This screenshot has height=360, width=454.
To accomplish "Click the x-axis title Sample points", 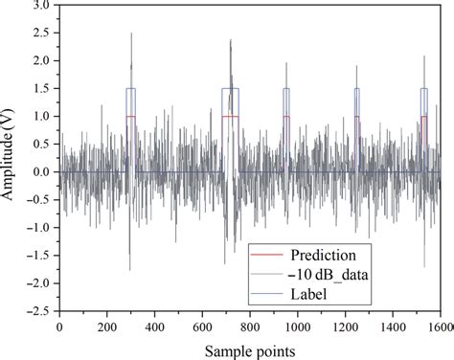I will pyautogui.click(x=250, y=350).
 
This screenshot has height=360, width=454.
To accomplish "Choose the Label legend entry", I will pyautogui.click(x=307, y=295).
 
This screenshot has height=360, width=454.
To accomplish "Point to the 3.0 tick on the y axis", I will pyautogui.click(x=40, y=5).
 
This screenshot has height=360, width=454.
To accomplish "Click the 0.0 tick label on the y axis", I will pyautogui.click(x=40, y=172).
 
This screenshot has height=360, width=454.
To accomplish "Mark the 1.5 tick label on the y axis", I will pyautogui.click(x=40, y=89).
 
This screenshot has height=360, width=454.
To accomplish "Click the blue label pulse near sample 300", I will pyautogui.click(x=130, y=89).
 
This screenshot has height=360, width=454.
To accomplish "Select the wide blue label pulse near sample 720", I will pyautogui.click(x=230, y=89).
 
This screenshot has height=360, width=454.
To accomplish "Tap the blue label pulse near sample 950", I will pyautogui.click(x=285, y=89).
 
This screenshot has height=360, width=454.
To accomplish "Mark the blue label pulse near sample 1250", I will pyautogui.click(x=356, y=89).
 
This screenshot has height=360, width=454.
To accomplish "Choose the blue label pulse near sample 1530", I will pyautogui.click(x=423, y=89).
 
